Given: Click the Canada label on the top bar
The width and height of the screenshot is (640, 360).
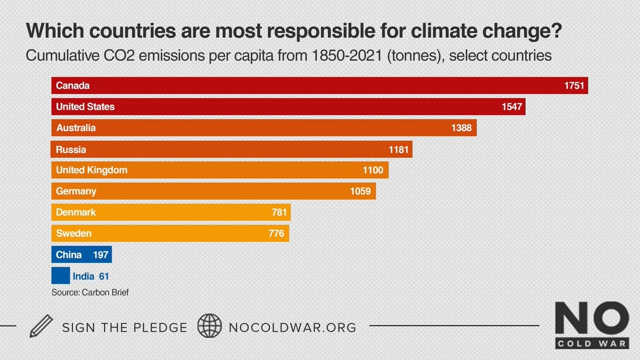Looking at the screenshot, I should pos(73,86).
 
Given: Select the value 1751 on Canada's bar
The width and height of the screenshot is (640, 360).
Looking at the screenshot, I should pos(575,86).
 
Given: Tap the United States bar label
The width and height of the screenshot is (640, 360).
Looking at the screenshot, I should pos(85,107).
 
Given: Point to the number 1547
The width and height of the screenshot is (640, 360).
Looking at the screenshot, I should pos(512,107).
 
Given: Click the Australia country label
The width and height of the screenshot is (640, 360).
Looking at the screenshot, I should pos(76,128).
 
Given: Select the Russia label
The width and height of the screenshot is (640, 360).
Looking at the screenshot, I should pos(71,149).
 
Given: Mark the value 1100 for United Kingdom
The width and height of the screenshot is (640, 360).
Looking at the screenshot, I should pos(373,170).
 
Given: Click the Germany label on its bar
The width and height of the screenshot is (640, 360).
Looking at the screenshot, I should pos(76,191).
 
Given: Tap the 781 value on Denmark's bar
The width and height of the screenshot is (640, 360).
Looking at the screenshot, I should pos(279,212).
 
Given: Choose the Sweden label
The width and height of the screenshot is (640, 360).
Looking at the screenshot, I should pos(74,233).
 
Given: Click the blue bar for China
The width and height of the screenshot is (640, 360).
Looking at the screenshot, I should pos(82,254).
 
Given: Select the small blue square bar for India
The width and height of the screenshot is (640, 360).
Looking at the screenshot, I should pos(60,276).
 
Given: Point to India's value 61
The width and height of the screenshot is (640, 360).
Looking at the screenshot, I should pos(104,276).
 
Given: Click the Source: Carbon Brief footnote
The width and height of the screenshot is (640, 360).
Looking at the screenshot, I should pos(90,292).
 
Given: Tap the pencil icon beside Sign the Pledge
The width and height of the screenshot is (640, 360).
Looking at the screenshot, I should pos(41,326).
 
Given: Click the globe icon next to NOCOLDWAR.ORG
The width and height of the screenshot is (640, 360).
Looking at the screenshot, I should pos(210,326).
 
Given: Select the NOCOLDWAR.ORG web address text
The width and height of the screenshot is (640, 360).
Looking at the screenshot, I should pos(292,326).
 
